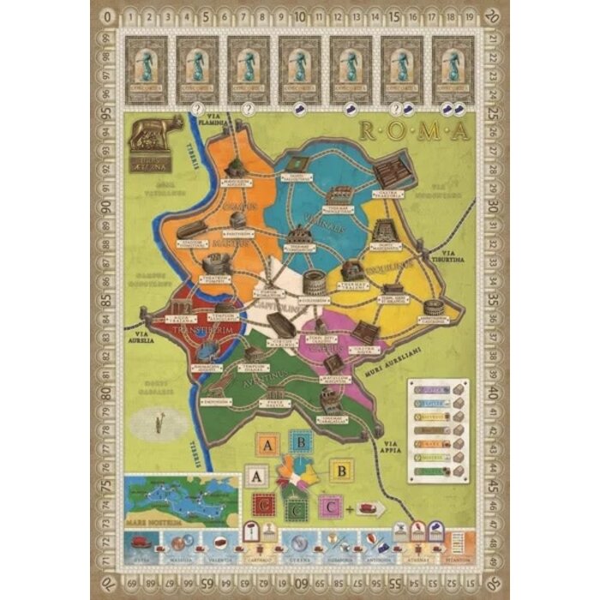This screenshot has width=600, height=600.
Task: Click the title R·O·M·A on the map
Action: [411, 131]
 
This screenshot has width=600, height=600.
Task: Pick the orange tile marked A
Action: [268, 445]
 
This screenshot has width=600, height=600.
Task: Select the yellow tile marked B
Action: [341, 471]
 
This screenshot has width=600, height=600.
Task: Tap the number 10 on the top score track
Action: [299, 15]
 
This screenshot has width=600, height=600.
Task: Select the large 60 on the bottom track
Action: [299, 585]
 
